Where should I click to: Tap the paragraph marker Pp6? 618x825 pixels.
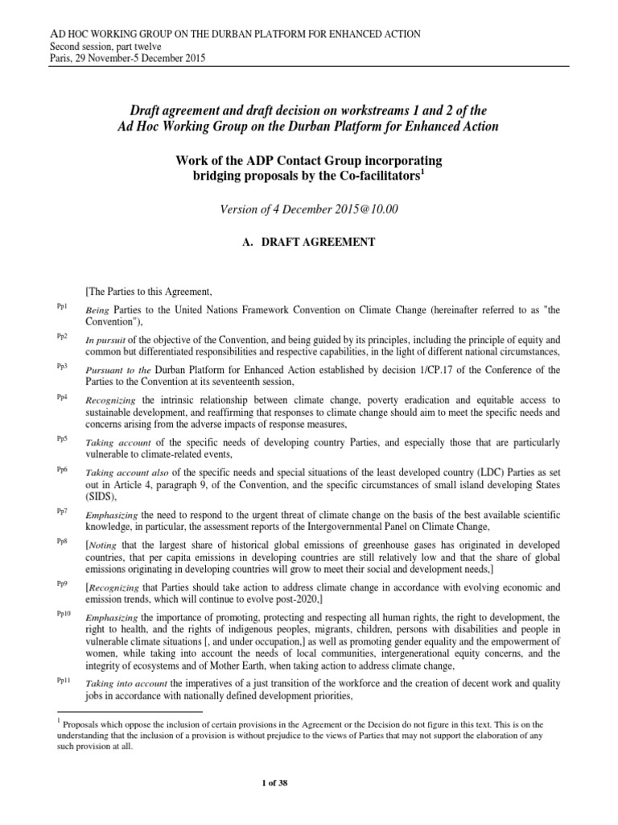pos(62,469)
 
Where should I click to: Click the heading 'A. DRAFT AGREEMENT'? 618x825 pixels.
pos(308,243)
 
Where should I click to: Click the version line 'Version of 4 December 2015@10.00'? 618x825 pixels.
pos(308,209)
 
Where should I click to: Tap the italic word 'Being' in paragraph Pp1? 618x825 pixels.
pos(97,309)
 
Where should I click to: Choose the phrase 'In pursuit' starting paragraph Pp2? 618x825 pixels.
pos(105,340)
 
